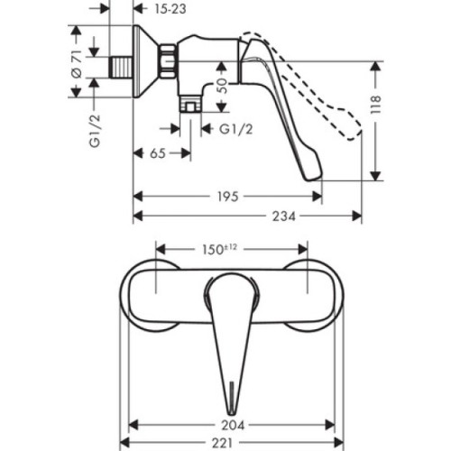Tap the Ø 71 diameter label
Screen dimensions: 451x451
[77, 65]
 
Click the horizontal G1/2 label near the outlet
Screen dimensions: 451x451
[237, 130]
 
